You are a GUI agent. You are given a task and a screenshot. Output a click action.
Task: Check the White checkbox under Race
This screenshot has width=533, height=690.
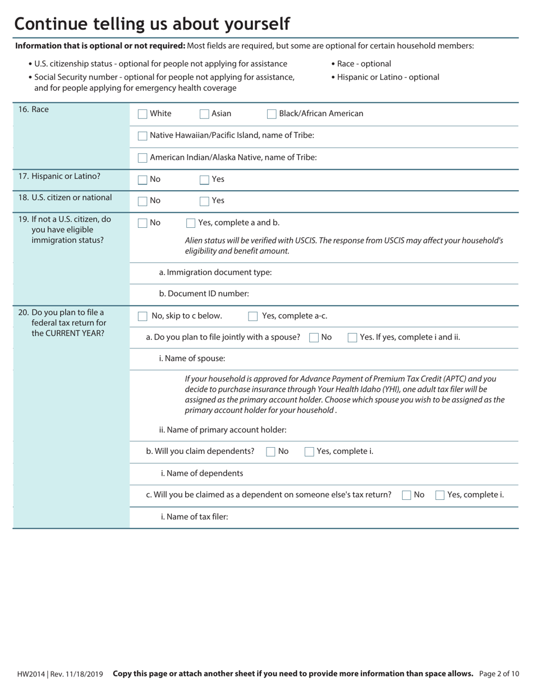click(143, 114)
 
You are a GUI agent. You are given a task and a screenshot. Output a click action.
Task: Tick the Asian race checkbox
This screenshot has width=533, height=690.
click(205, 114)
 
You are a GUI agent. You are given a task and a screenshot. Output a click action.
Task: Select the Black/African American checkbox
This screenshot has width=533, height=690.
click(272, 114)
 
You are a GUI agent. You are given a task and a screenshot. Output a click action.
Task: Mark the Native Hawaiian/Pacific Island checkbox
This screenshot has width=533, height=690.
click(143, 136)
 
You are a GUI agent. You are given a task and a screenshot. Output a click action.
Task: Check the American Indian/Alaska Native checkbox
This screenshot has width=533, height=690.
click(143, 158)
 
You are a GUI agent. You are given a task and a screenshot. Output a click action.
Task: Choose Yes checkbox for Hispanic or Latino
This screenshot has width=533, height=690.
click(205, 180)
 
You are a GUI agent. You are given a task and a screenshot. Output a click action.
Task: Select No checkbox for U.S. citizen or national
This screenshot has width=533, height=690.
click(143, 201)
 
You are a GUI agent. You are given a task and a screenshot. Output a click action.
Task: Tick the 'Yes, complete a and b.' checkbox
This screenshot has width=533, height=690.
click(191, 223)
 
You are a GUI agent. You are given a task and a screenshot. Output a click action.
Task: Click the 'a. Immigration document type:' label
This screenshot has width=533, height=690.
click(215, 272)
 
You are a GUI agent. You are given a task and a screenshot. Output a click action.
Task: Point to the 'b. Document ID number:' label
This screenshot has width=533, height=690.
click(204, 293)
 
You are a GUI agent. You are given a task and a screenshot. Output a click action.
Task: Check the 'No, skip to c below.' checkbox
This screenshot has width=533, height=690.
click(143, 316)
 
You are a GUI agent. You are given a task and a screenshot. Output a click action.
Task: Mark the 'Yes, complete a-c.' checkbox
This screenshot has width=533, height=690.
click(253, 316)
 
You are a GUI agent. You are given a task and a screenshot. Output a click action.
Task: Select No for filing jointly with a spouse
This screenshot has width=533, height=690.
click(314, 338)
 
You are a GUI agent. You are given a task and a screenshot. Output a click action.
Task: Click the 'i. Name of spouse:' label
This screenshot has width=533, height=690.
click(192, 358)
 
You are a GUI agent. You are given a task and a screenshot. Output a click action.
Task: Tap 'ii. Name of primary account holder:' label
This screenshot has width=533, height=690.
click(223, 430)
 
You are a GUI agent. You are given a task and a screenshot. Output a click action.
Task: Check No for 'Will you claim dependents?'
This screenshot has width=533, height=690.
click(270, 452)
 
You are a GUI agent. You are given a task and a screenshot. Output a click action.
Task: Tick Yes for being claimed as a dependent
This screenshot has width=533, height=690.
click(440, 495)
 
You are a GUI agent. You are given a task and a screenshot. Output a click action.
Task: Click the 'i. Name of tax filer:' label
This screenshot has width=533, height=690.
click(194, 517)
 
